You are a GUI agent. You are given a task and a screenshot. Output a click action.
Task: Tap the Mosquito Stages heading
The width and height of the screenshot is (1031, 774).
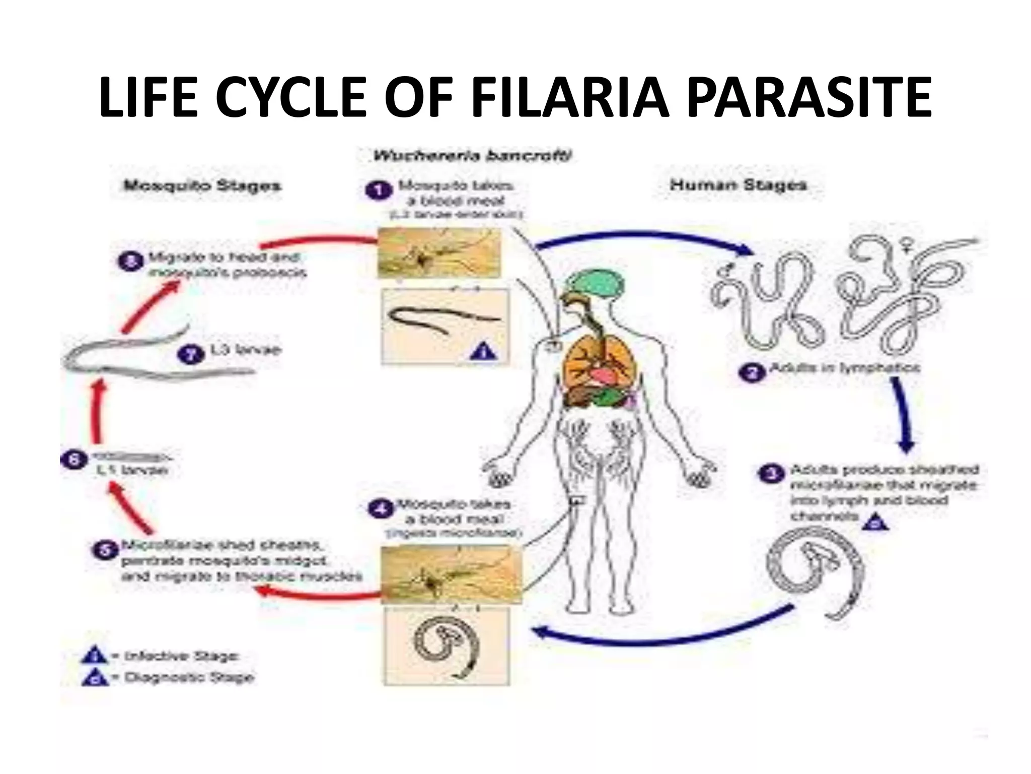(x=202, y=185)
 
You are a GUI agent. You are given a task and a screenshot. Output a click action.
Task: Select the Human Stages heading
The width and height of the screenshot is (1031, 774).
(x=738, y=185)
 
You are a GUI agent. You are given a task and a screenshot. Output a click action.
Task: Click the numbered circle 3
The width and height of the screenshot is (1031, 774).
(x=770, y=474)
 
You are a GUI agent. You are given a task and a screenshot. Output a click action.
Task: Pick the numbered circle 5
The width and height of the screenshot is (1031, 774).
(x=105, y=550)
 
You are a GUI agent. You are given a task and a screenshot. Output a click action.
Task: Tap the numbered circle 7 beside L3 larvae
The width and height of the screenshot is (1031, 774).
(x=192, y=354)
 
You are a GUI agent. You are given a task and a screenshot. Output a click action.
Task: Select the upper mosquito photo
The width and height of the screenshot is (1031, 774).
(x=439, y=252)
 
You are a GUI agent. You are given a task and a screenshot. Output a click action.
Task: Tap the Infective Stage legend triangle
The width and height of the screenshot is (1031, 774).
(x=94, y=656)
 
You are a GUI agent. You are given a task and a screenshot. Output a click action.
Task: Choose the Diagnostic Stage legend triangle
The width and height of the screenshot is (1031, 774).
(x=94, y=678)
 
